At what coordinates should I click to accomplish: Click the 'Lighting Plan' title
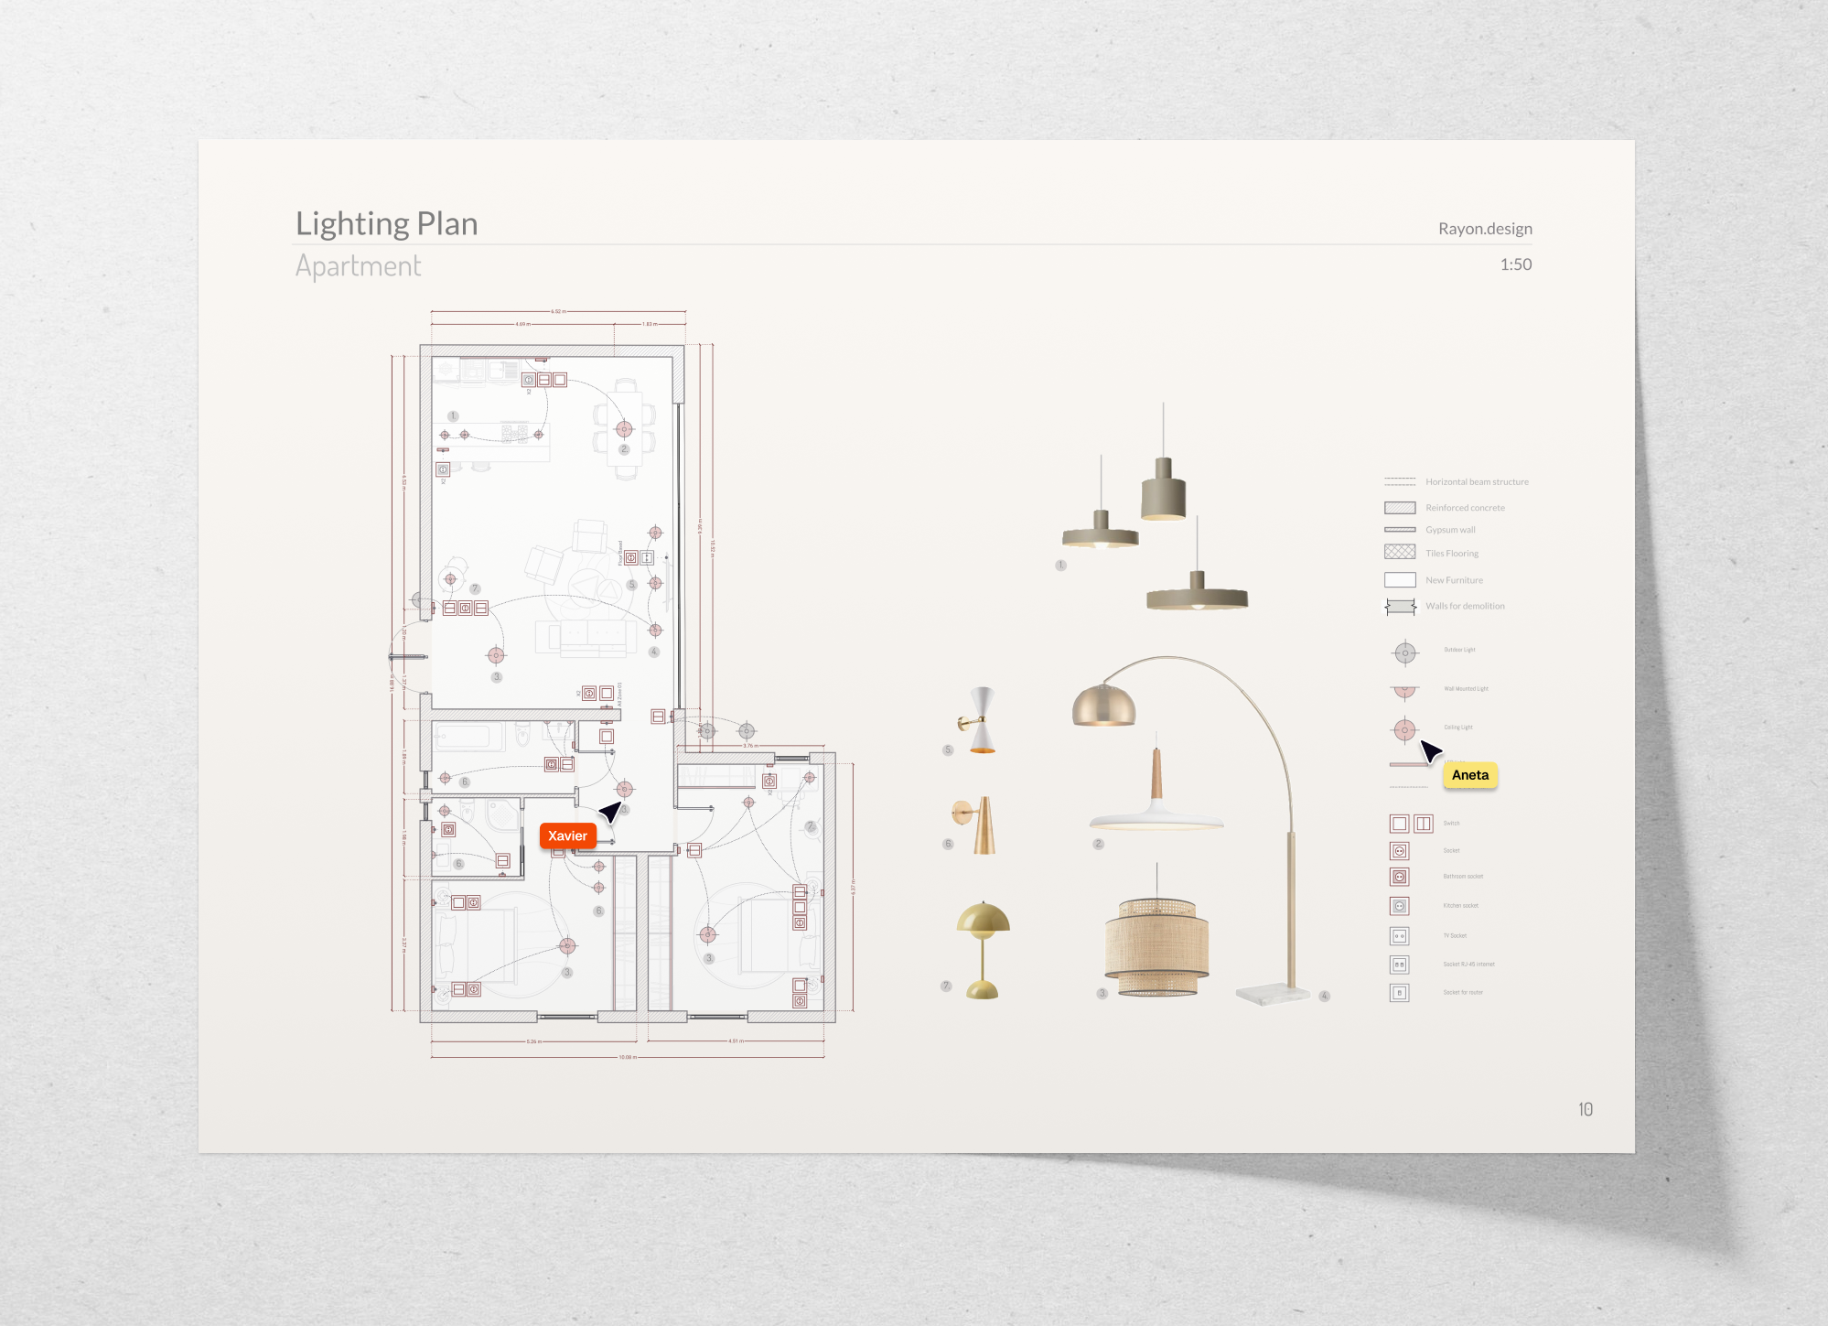[386, 224]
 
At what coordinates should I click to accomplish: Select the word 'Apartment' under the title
[358, 266]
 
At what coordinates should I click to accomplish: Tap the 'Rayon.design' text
[1484, 229]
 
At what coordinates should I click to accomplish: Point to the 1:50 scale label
[1515, 264]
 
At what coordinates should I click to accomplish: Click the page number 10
[1585, 1109]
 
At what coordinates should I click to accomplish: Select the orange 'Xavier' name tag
[567, 835]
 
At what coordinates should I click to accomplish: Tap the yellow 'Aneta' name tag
[1469, 775]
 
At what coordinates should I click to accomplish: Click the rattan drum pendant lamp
[1156, 947]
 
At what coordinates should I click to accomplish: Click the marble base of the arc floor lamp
[1271, 995]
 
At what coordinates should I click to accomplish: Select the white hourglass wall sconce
[981, 720]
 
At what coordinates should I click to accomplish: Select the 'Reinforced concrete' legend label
[1464, 508]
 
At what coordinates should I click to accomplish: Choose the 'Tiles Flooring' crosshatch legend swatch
[1400, 552]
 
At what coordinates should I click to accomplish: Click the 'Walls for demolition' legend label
[1464, 606]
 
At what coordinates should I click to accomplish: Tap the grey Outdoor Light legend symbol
[1404, 652]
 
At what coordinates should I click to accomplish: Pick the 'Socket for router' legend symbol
[1399, 993]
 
